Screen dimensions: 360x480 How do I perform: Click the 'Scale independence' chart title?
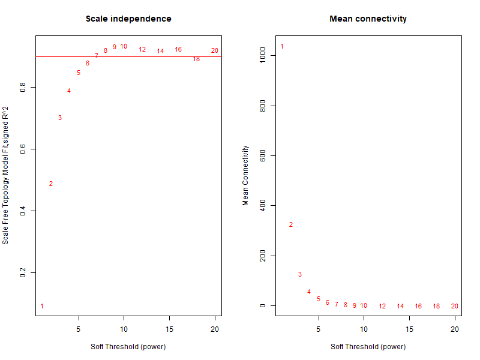(128, 19)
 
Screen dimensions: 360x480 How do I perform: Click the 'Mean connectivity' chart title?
(368, 19)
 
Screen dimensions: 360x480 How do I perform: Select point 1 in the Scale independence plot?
(42, 306)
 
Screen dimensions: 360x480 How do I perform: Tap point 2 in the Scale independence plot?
(51, 184)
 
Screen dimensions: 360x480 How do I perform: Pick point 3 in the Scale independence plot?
(60, 118)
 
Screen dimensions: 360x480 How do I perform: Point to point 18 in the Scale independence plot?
(196, 59)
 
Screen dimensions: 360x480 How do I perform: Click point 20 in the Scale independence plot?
(215, 50)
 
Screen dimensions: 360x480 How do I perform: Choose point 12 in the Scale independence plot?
(142, 49)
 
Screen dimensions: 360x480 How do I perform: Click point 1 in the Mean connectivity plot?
(282, 46)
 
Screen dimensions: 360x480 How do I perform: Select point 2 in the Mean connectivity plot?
(291, 224)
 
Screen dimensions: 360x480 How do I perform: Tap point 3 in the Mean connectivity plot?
(300, 274)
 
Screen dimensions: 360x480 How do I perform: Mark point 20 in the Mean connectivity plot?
(455, 306)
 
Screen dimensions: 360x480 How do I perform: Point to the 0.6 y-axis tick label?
(23, 149)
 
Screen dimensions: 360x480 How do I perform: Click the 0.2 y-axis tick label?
(23, 272)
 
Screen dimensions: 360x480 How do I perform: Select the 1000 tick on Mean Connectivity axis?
(263, 56)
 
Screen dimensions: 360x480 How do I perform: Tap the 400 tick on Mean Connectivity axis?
(263, 206)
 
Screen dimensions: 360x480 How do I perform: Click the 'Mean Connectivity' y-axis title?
(245, 175)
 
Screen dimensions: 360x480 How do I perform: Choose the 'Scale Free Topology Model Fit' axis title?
(5, 175)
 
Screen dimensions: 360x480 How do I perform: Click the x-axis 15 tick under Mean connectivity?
(409, 329)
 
